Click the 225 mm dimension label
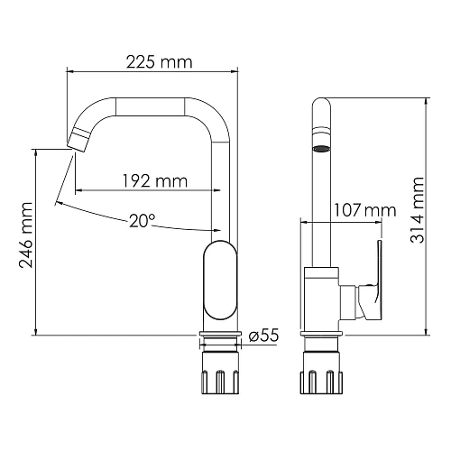159,62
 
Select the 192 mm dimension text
155,181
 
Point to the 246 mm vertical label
25,235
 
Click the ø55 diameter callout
263,335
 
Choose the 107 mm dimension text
365,210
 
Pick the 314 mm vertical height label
418,210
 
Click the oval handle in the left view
220,280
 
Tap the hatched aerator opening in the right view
321,149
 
